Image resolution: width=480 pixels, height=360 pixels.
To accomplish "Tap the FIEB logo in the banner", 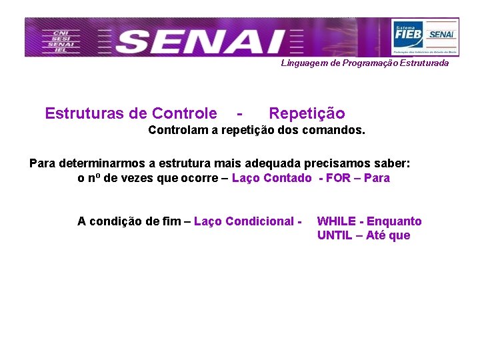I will pyautogui.click(x=407, y=32).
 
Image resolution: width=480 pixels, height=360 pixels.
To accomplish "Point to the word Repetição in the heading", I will pyautogui.click(x=307, y=113).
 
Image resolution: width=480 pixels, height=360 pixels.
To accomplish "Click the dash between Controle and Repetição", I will pyautogui.click(x=239, y=113).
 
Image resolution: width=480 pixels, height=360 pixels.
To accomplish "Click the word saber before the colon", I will pyautogui.click(x=392, y=163).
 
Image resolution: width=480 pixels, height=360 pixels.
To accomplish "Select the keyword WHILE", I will pyautogui.click(x=337, y=221).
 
